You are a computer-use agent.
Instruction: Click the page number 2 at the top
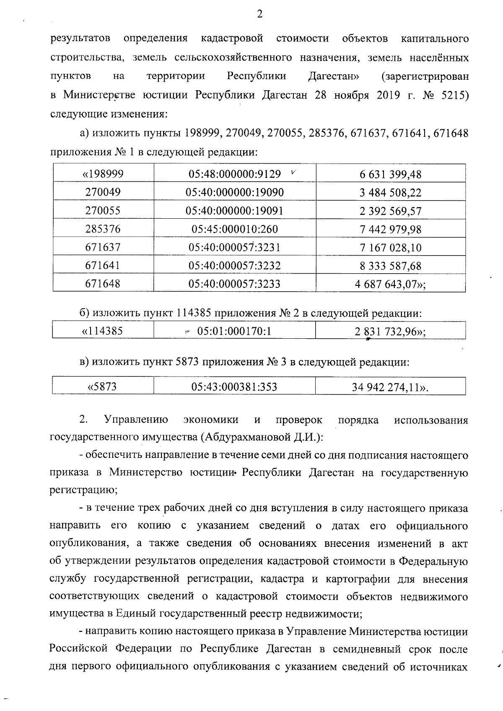click(259, 15)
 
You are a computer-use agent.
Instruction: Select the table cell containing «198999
click(103, 174)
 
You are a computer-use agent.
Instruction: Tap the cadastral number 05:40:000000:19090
click(235, 192)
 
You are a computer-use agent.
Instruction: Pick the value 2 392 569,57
click(390, 211)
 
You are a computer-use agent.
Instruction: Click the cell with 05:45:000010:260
click(235, 229)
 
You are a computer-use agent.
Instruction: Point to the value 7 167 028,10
click(390, 248)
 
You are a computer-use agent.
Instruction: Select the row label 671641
click(103, 266)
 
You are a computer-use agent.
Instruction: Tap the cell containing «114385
click(103, 331)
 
